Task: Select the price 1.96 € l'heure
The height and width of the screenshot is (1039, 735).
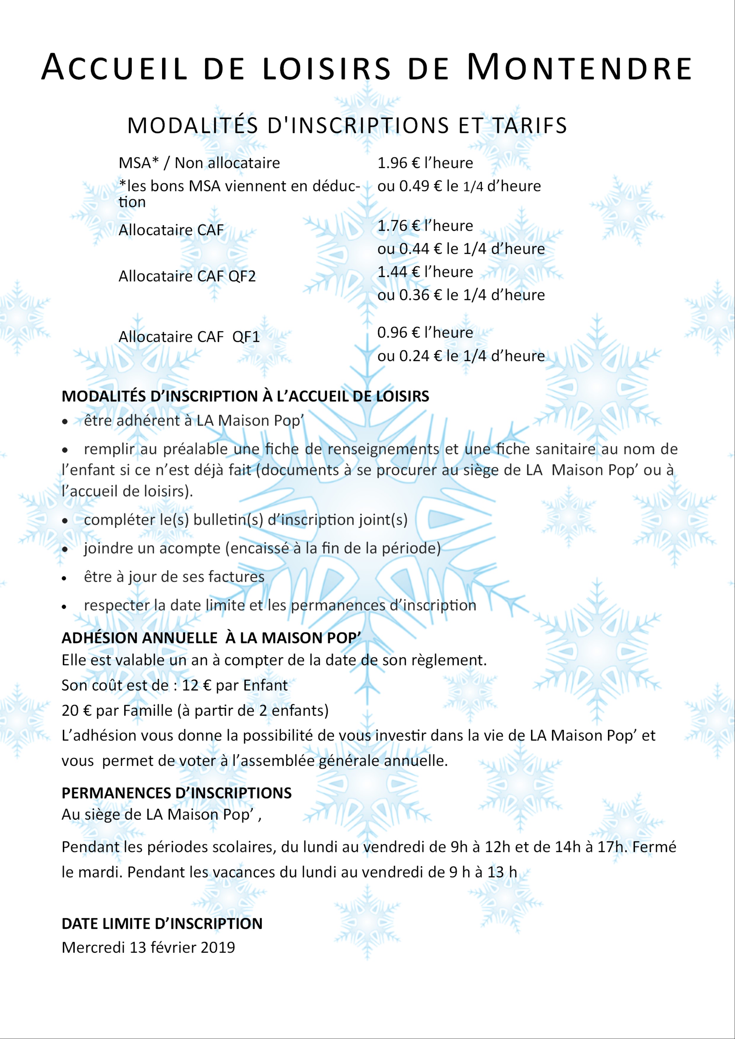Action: pos(425,163)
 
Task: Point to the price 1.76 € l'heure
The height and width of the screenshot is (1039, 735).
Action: pos(425,225)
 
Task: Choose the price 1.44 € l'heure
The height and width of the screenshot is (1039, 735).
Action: pos(425,272)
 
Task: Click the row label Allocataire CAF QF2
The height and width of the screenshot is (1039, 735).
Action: pos(187,276)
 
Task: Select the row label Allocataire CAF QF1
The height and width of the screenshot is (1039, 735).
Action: pos(189,337)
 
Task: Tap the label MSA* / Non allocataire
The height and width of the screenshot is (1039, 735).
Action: pos(199,163)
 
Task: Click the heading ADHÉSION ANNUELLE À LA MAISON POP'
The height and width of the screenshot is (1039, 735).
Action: pos(211,638)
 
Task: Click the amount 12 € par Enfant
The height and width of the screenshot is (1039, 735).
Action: pos(235,685)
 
